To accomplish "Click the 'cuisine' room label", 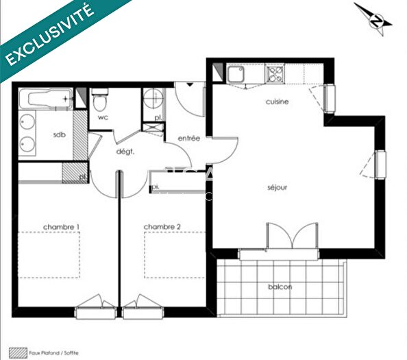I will pos(277,101).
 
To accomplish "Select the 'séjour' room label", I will pos(277,187).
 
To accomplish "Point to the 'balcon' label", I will pos(281,287).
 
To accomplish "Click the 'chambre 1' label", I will pos(62,226).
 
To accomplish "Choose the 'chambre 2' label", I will pos(162,226).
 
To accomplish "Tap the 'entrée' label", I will pos(189,138).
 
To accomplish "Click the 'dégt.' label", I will pos(123,151).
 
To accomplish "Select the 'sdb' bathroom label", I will pos(58,134).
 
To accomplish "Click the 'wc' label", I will pos(103,117).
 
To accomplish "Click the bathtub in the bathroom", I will pos(47,99).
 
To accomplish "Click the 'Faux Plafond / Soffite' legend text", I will pos(53,352).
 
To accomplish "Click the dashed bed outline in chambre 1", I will pos(49,253).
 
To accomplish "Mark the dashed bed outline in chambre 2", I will pos(174,253).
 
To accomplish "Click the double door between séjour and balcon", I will pos(293,240).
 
